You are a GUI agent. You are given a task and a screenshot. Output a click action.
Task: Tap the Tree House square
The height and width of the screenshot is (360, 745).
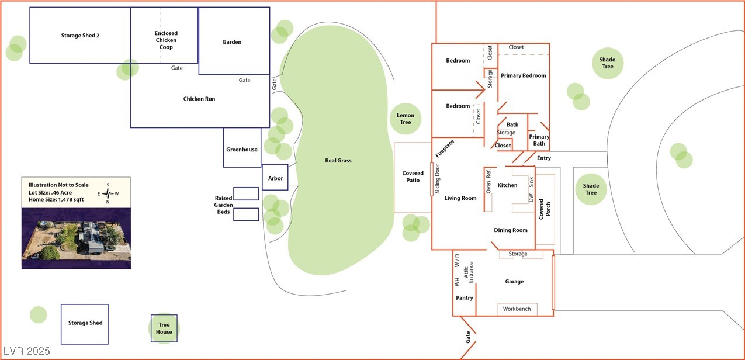(164, 328)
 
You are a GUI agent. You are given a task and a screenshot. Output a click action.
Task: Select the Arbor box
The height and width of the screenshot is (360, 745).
(275, 178)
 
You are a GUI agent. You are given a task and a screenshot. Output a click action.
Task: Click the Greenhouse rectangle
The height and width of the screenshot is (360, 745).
(242, 150)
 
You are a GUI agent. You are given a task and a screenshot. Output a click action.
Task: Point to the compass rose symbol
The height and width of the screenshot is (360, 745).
(109, 193)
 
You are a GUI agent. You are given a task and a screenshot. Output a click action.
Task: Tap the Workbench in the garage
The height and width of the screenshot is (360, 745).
(517, 309)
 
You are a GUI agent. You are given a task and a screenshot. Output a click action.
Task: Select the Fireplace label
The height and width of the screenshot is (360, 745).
(444, 148)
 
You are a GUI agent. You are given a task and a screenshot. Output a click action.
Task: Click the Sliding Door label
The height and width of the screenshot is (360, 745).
(437, 179)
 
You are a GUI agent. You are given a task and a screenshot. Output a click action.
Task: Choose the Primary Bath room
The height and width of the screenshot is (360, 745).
(539, 140)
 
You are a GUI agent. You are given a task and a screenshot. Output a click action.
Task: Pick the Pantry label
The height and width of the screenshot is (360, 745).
(465, 298)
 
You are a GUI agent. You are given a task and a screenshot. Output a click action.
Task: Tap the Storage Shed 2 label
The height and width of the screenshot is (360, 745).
(80, 36)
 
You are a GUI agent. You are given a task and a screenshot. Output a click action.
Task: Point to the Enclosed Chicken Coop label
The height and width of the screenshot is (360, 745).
(166, 40)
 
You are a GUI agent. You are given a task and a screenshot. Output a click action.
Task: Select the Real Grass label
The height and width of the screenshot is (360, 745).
(338, 160)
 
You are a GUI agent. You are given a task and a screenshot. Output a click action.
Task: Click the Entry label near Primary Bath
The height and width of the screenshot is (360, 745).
(543, 158)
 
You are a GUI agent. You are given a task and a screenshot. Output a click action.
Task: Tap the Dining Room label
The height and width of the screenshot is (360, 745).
(511, 230)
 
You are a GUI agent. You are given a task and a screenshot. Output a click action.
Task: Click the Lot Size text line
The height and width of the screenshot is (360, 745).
(57, 192)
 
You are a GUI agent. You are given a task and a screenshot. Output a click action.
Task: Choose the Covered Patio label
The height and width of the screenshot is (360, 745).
(413, 176)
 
